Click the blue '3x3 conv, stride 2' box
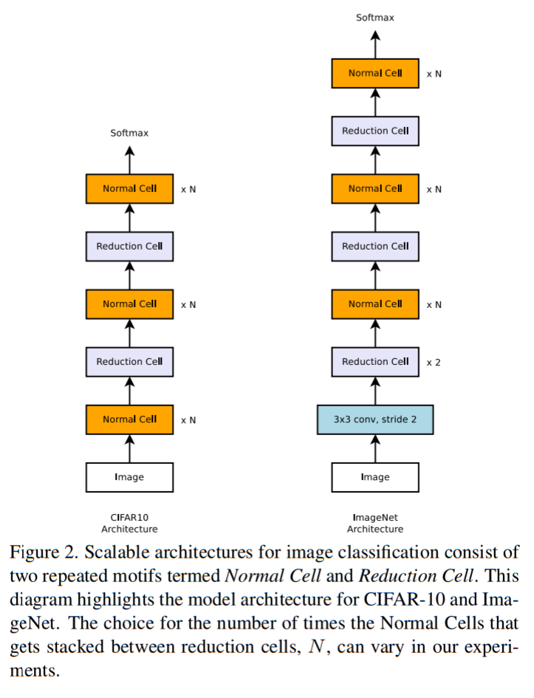[374, 420]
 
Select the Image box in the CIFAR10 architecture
[129, 477]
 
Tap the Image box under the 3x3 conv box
[374, 477]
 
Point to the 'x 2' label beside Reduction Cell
[434, 362]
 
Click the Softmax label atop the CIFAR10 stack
[129, 133]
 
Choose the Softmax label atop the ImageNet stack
[374, 17]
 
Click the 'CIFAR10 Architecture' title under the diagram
[129, 523]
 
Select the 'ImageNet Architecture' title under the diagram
[374, 523]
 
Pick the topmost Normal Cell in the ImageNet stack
[374, 73]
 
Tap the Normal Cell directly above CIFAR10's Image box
[129, 420]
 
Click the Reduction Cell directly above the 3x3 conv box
[374, 362]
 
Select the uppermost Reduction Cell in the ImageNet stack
[374, 131]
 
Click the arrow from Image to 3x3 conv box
[374, 448]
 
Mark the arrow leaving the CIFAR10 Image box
[129, 448]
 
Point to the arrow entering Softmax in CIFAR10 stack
[129, 159]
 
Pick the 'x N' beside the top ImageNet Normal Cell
[434, 74]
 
